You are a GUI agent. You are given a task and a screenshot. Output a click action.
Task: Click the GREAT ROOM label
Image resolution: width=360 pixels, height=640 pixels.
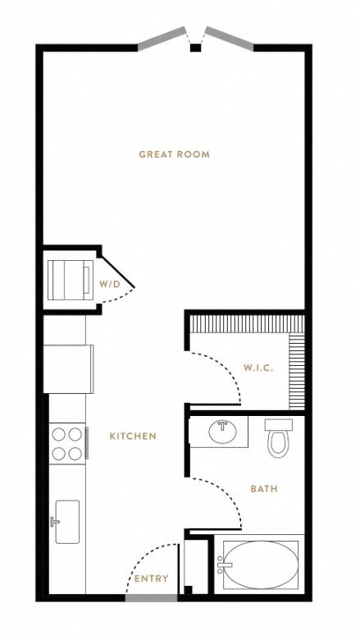pyautogui.click(x=174, y=154)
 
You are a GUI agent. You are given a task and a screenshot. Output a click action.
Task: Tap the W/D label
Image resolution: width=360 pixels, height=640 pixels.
pyautogui.click(x=110, y=284)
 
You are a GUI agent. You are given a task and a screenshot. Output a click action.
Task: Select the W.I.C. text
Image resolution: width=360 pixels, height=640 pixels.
pyautogui.click(x=258, y=368)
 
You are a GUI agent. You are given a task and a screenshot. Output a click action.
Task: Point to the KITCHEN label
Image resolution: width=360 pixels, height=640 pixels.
pyautogui.click(x=133, y=437)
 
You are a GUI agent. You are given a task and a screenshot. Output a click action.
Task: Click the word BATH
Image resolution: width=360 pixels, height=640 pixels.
pyautogui.click(x=264, y=488)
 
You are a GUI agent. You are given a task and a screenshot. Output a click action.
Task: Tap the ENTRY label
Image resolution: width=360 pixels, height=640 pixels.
pyautogui.click(x=151, y=578)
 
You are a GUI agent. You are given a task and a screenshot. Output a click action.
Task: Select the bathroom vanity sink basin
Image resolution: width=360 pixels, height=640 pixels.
pyautogui.click(x=222, y=432)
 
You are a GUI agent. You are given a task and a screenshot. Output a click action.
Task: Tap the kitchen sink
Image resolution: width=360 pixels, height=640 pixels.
pyautogui.click(x=67, y=522)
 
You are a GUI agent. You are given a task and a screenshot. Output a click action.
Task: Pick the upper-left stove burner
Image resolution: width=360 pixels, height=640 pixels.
pyautogui.click(x=59, y=434)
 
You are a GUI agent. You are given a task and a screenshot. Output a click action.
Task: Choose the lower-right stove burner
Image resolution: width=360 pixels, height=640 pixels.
pyautogui.click(x=75, y=454)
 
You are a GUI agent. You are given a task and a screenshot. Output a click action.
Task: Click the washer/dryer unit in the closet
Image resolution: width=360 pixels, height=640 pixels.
pyautogui.click(x=71, y=280)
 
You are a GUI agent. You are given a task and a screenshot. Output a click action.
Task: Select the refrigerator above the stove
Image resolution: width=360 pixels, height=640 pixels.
pyautogui.click(x=69, y=369)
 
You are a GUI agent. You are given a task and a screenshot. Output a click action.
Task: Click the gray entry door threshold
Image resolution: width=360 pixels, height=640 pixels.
pyautogui.click(x=151, y=598)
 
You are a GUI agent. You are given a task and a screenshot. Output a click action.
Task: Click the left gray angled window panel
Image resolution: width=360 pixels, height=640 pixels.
pyautogui.click(x=162, y=39)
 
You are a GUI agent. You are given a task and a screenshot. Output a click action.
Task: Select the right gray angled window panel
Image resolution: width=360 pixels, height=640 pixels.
pyautogui.click(x=229, y=39)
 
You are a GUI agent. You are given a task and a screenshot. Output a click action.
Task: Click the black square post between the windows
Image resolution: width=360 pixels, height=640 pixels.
pyautogui.click(x=196, y=48)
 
